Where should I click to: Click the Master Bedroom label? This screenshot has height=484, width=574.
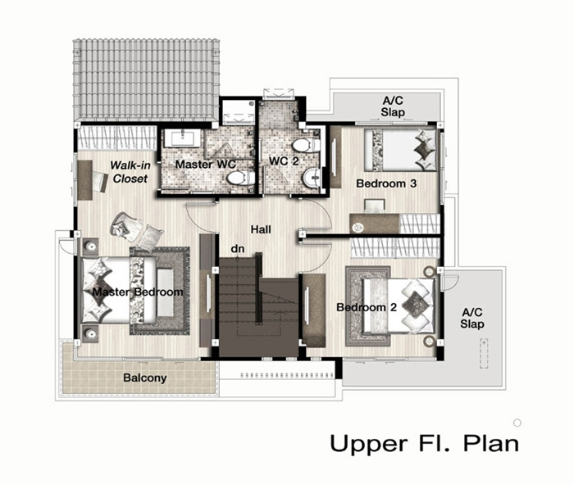(x=138, y=292)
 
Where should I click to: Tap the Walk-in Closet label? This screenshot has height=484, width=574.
(x=130, y=172)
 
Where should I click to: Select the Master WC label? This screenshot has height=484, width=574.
(x=205, y=164)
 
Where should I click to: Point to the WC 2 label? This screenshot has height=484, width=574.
(x=284, y=161)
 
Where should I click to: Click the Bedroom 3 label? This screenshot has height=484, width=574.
(x=386, y=183)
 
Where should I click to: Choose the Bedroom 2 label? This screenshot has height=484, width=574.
(x=367, y=307)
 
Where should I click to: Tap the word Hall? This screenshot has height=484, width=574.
(x=261, y=229)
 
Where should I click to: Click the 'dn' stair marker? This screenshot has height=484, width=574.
(x=238, y=249)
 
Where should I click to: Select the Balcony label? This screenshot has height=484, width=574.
(x=145, y=378)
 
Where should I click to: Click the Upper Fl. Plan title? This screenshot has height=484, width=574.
(x=424, y=443)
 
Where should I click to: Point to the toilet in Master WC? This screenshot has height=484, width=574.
(x=240, y=179)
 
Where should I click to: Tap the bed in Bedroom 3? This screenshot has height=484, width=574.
(x=400, y=150)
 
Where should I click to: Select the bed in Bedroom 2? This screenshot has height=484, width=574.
(x=399, y=306)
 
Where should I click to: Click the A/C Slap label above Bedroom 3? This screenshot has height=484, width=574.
(x=393, y=106)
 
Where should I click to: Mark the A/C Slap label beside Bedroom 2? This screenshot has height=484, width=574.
(x=472, y=318)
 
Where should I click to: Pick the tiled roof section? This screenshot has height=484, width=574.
(x=146, y=79)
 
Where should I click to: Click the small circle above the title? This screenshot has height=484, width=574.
(x=517, y=423)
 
